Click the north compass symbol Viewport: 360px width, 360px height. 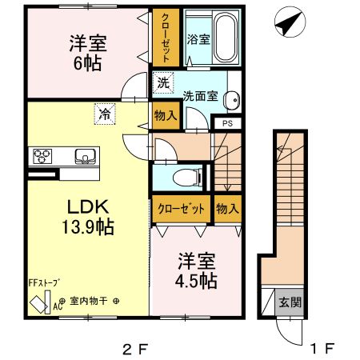click(x=290, y=22)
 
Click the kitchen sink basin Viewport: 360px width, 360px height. click(x=86, y=156)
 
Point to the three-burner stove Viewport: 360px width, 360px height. click(x=42, y=156)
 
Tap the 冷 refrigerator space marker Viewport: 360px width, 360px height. click(x=105, y=114)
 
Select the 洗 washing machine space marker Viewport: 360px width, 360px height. click(x=163, y=82)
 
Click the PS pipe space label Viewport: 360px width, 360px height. click(x=227, y=123)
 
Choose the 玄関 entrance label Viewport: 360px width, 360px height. click(x=290, y=302)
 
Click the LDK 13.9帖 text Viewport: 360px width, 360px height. click(x=88, y=217)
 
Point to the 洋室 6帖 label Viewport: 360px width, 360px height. click(x=88, y=53)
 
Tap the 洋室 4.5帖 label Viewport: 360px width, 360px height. click(x=196, y=271)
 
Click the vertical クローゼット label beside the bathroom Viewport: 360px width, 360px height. click(x=166, y=38)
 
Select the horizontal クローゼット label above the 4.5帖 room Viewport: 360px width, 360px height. click(x=181, y=209)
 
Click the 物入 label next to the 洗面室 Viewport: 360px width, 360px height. click(x=166, y=116)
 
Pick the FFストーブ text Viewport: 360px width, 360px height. click(x=44, y=282)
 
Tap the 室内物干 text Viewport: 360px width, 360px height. click(x=88, y=302)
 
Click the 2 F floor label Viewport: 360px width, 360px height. click(x=135, y=349)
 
